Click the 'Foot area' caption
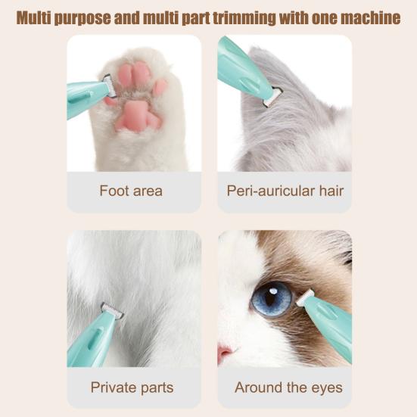(131, 191)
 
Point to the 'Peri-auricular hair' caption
(285, 191)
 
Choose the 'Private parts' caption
(132, 387)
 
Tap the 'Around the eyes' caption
(288, 387)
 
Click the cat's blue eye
(271, 299)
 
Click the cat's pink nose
(225, 353)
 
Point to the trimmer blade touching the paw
(110, 86)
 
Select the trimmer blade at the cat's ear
(272, 97)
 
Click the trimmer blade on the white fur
(112, 310)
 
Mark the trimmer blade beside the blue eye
(305, 298)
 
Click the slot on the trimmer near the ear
(250, 84)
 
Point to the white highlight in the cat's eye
(273, 291)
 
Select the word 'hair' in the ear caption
(331, 191)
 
